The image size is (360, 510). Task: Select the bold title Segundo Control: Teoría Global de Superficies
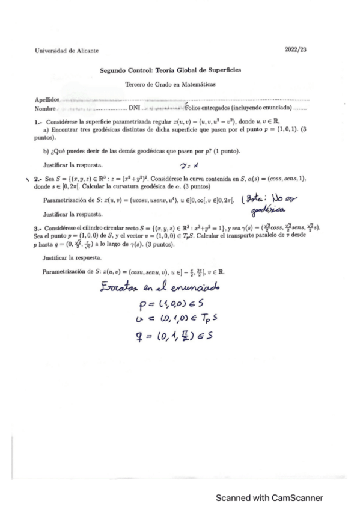coord(171,70)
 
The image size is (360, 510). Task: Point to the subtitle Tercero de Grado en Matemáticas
coord(171,85)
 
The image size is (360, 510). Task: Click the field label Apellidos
coord(47,99)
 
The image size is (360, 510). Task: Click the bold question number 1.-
coord(38,121)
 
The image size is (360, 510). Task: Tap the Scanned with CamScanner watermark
coord(270,497)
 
